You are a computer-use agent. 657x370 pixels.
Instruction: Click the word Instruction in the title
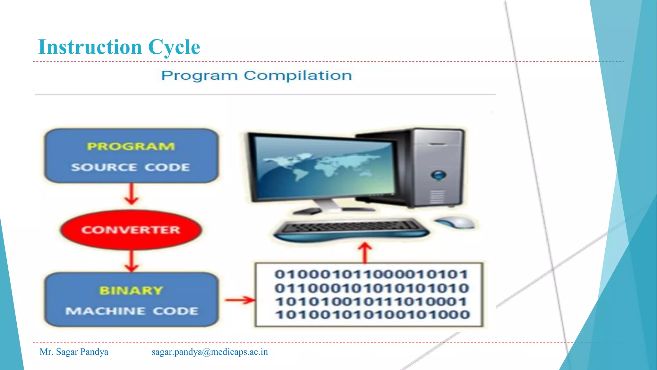pos(90,47)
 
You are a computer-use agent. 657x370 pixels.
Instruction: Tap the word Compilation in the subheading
pos(297,76)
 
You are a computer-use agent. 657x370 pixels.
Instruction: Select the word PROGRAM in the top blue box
pos(131,146)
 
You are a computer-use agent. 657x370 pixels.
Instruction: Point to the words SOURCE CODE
pos(131,167)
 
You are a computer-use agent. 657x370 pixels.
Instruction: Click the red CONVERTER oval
pos(131,230)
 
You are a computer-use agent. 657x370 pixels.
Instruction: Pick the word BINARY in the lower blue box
pos(131,290)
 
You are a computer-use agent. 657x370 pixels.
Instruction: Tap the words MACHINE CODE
pos(132,311)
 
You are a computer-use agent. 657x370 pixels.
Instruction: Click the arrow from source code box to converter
pos(131,194)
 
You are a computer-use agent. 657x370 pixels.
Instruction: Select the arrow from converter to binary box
pos(131,261)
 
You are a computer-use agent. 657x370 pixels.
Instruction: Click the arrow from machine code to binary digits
pos(240,300)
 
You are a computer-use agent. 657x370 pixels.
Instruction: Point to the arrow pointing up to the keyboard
pos(364,252)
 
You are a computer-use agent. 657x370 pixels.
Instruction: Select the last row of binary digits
pos(372,314)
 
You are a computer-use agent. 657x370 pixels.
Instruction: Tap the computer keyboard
pos(351,229)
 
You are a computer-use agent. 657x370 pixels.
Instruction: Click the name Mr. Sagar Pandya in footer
pos(74,352)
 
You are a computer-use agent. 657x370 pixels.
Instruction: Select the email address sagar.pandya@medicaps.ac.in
pos(209,352)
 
